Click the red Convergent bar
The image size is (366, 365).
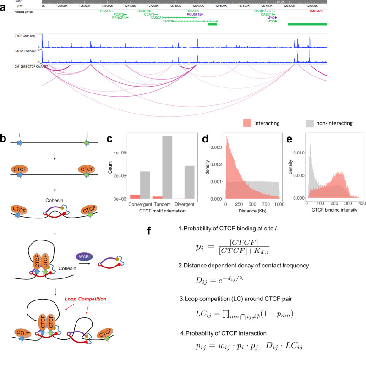pyautogui.click(x=135, y=196)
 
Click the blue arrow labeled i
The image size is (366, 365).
pyautogui.click(x=19, y=143)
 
